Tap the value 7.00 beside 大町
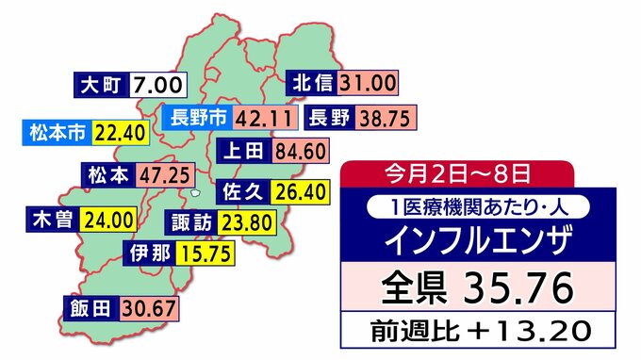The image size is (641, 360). coord(157,85)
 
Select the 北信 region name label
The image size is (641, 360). coord(312,83)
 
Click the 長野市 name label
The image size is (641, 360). coord(195,118)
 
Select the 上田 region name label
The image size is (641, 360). coord(244,150)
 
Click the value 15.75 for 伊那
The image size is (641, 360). coord(201,253)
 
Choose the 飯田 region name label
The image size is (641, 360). coord(90,308)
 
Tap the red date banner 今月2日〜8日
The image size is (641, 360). coord(456,173)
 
